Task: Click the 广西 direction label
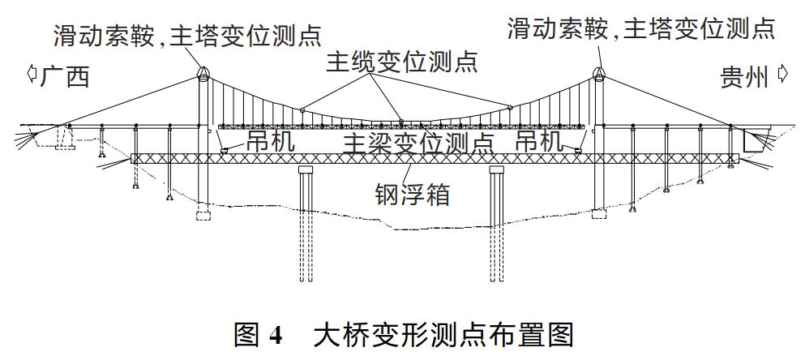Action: [65, 77]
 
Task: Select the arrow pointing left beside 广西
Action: [32, 75]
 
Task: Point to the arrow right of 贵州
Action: [783, 74]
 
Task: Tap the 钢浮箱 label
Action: [413, 195]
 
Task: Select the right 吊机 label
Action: [540, 140]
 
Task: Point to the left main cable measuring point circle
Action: [302, 109]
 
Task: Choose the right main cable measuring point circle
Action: [510, 108]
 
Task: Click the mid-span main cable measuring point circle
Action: [401, 122]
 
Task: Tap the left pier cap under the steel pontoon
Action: [306, 169]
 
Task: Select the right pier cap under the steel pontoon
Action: [497, 169]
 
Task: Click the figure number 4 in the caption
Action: [276, 335]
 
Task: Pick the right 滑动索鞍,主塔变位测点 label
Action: [641, 28]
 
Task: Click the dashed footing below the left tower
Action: [203, 215]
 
